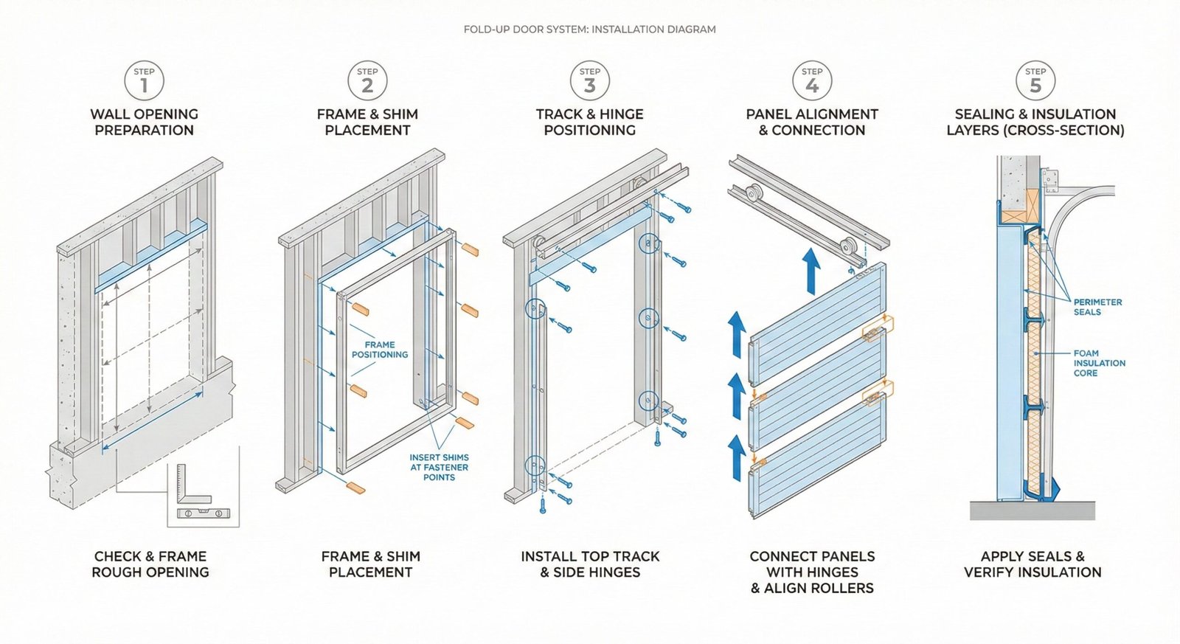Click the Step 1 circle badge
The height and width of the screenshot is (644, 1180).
point(144,80)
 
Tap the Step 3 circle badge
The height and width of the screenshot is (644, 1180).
point(589,80)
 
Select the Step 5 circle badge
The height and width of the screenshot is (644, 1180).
point(1035,80)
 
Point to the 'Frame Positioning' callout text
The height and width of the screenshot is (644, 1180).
point(379,350)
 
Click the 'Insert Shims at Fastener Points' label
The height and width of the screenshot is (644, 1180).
point(439,467)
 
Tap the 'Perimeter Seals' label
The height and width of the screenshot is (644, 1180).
point(1097,307)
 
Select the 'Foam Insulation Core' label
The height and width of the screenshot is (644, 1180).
point(1099,363)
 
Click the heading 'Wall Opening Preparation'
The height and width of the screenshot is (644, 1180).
point(144,122)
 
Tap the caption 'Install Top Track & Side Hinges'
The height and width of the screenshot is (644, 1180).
point(590,564)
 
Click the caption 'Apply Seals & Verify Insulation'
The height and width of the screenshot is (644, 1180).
point(1032,564)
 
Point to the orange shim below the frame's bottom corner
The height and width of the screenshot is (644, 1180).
point(355,488)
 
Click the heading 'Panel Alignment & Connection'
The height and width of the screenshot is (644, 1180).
point(811,122)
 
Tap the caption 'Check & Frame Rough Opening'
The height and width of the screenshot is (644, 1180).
point(150,564)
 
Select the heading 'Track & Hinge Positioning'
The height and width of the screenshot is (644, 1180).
point(589,122)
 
